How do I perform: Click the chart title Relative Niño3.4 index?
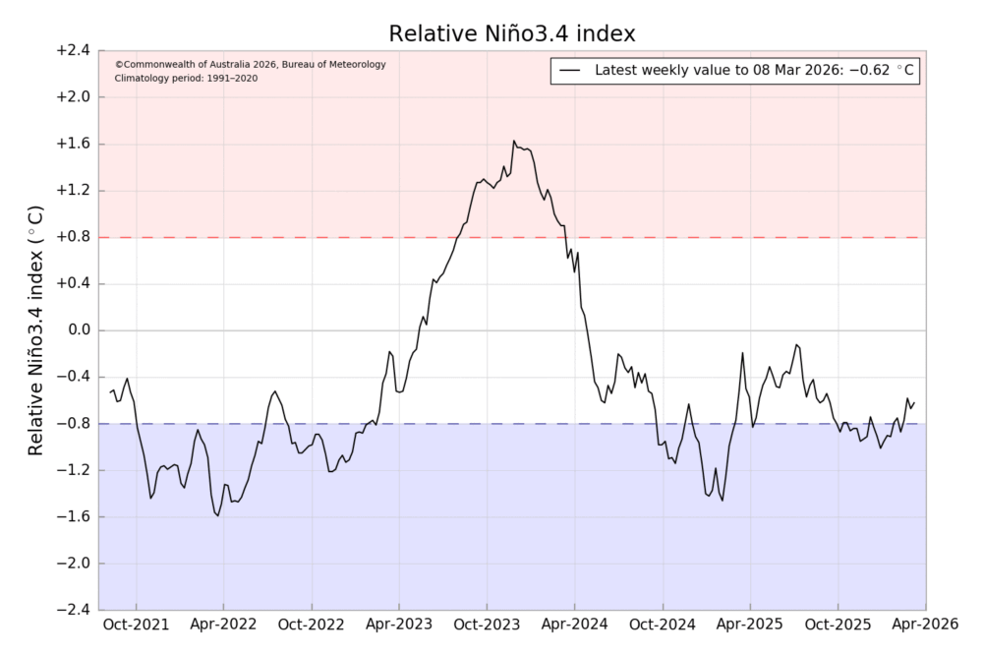[512, 33]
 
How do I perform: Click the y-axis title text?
[35, 330]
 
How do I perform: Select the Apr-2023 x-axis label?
[398, 626]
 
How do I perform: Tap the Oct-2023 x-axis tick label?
[487, 626]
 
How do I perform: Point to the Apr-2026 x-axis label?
[925, 626]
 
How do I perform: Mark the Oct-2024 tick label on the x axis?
[663, 626]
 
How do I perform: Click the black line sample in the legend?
[571, 71]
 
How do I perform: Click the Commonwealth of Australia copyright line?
[250, 65]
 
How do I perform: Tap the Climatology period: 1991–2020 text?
[186, 78]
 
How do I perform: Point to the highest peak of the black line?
[513, 141]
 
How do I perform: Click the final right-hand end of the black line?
[914, 401]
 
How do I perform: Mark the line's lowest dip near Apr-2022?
[218, 515]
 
